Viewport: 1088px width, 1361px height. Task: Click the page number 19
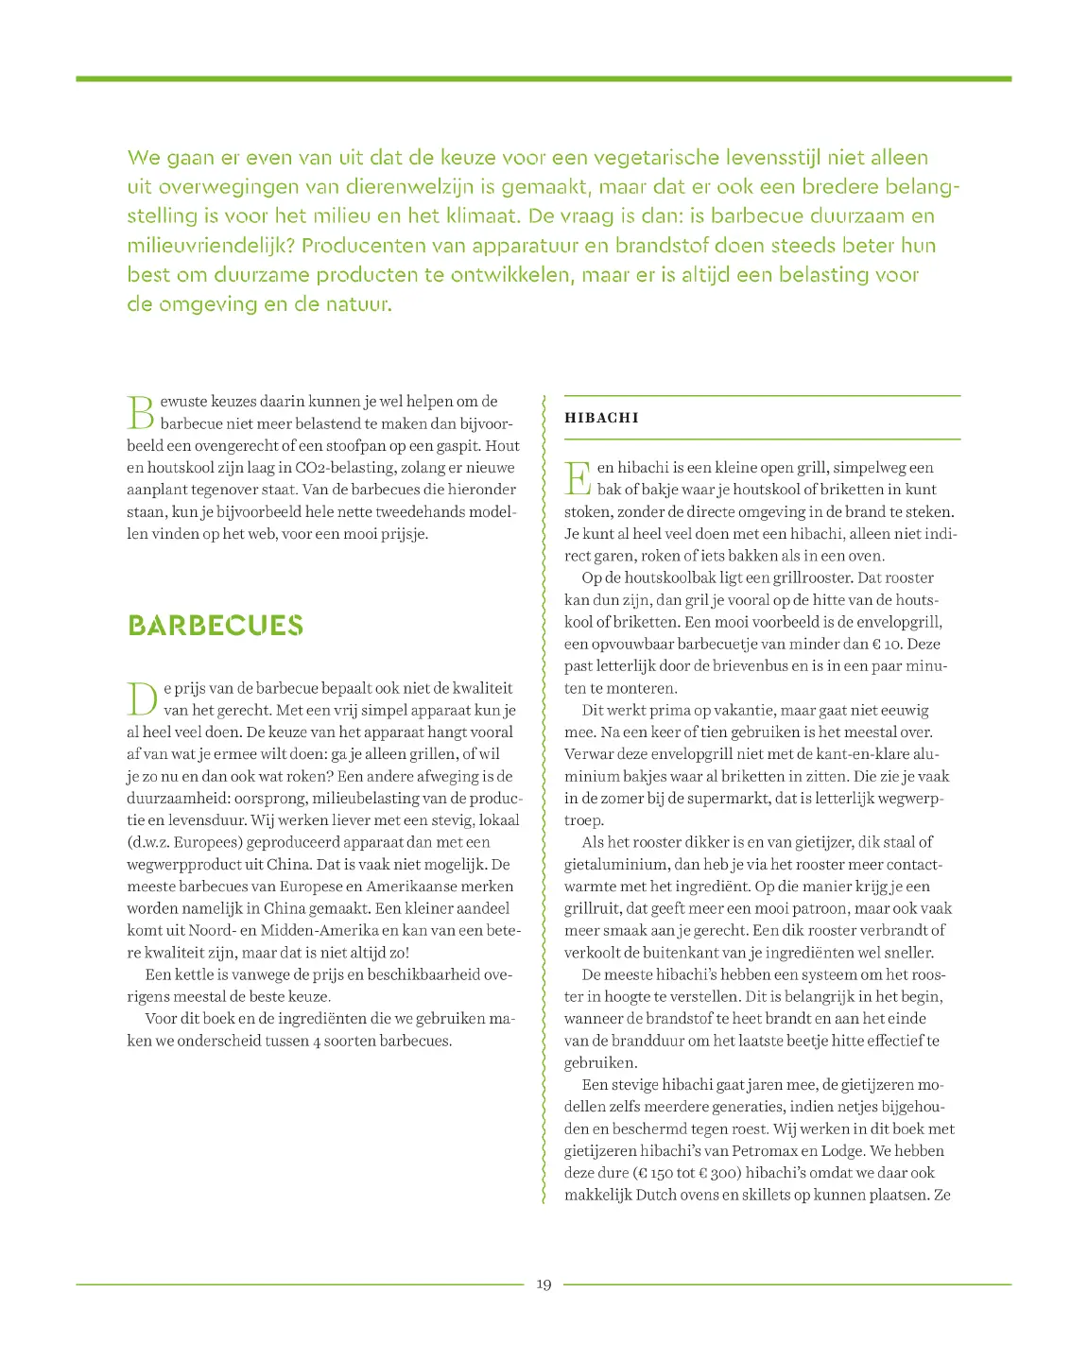coord(544,1284)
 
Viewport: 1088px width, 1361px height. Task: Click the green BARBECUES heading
coord(216,626)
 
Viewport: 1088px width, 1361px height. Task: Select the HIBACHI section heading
coord(601,418)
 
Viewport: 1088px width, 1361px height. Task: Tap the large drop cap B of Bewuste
coord(140,412)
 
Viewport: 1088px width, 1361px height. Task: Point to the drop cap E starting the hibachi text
coord(578,478)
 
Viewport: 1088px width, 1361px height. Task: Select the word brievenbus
coord(747,666)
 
